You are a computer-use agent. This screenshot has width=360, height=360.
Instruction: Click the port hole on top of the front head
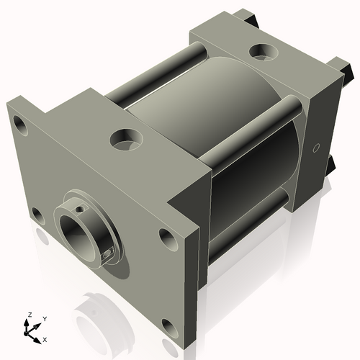pos(127,138)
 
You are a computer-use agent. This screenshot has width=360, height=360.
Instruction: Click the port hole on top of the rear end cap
pos(259,52)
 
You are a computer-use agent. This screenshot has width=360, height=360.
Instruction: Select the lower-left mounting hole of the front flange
pos(36,214)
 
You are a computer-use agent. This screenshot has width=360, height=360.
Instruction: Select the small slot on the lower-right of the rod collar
pos(109,251)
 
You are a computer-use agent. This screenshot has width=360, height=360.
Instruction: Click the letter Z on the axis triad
pos(29,315)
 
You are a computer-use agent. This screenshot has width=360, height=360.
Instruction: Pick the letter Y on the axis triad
pos(45,318)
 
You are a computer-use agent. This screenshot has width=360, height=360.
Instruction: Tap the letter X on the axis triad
pos(45,338)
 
